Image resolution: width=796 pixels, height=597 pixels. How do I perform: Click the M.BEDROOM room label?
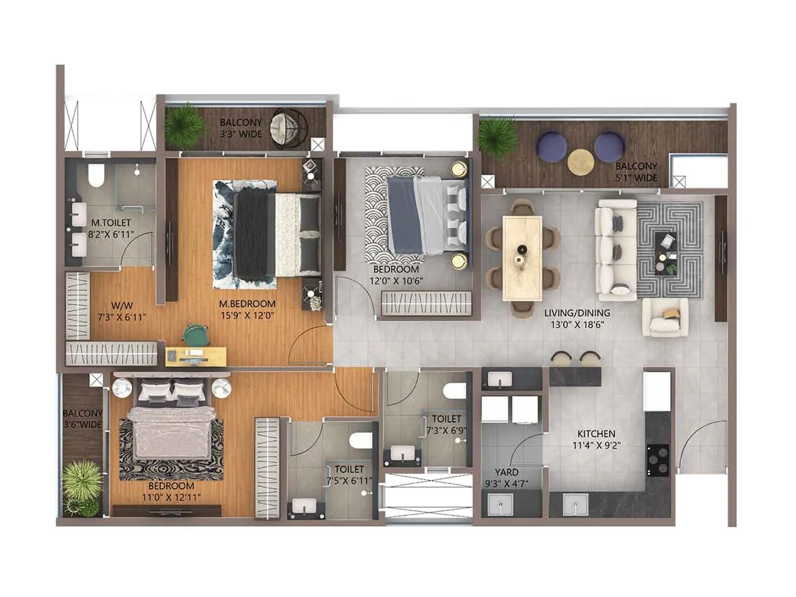click(247, 303)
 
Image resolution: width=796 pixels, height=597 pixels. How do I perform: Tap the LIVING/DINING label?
click(577, 313)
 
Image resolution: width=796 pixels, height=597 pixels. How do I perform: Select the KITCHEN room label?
click(596, 434)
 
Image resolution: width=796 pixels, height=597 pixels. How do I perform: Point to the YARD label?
click(506, 472)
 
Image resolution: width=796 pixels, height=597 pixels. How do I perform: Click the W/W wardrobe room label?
click(122, 305)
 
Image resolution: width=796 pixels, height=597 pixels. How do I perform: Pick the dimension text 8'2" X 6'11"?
click(111, 234)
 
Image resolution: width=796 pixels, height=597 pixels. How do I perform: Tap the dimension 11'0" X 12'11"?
click(172, 497)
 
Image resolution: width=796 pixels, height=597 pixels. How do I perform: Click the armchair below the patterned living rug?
click(665, 317)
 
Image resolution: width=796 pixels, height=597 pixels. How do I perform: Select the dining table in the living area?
click(522, 258)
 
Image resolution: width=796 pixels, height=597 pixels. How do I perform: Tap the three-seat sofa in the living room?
click(616, 250)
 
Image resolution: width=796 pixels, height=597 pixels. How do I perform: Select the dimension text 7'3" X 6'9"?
click(446, 430)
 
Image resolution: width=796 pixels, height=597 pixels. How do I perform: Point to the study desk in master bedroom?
click(196, 356)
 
